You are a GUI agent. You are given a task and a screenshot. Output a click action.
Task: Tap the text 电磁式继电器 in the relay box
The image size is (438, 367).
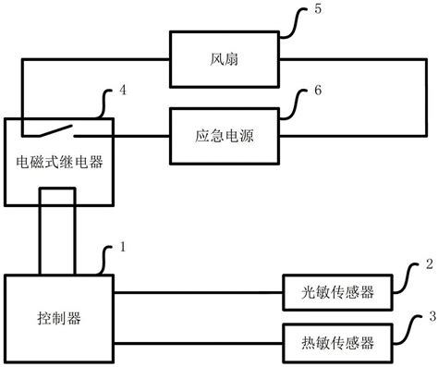pos(60,163)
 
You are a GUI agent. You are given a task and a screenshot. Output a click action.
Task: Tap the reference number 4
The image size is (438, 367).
pos(124,92)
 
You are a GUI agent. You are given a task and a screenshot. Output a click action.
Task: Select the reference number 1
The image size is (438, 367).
pos(124,248)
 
